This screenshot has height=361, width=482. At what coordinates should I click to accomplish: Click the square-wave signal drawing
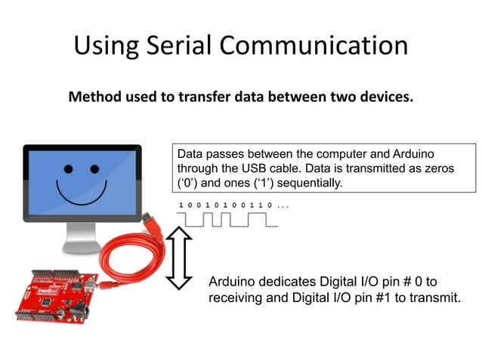pyautogui.click(x=227, y=220)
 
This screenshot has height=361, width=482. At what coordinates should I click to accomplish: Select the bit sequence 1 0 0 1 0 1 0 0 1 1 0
pyautogui.click(x=226, y=205)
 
